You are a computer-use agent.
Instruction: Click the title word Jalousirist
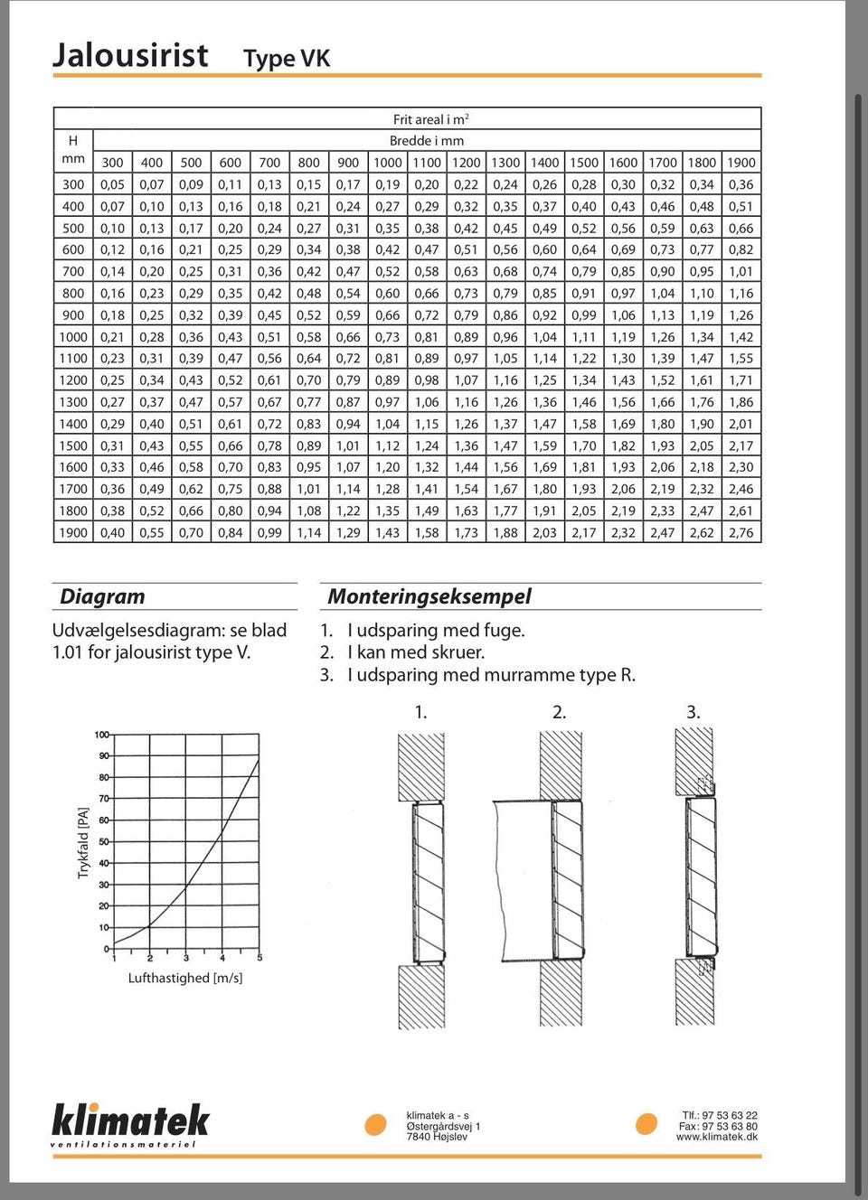(130, 56)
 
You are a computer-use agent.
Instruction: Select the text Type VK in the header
(287, 60)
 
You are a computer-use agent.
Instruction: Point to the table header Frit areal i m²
(430, 119)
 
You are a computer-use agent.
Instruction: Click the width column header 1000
(387, 163)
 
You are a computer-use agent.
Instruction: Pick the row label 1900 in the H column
(73, 532)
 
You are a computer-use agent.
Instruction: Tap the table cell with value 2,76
(741, 532)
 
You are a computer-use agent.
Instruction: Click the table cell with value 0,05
(113, 184)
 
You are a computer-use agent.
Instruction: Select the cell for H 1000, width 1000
(387, 337)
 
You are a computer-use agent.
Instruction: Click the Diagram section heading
(102, 596)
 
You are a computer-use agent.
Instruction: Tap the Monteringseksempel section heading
(429, 596)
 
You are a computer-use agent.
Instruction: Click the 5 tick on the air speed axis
(259, 958)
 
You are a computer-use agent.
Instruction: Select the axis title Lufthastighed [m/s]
(185, 978)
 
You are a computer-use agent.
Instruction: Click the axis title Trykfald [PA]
(84, 842)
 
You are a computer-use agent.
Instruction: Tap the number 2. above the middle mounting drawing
(560, 712)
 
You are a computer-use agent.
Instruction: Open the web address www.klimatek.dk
(716, 1137)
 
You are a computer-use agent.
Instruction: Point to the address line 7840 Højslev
(438, 1137)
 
